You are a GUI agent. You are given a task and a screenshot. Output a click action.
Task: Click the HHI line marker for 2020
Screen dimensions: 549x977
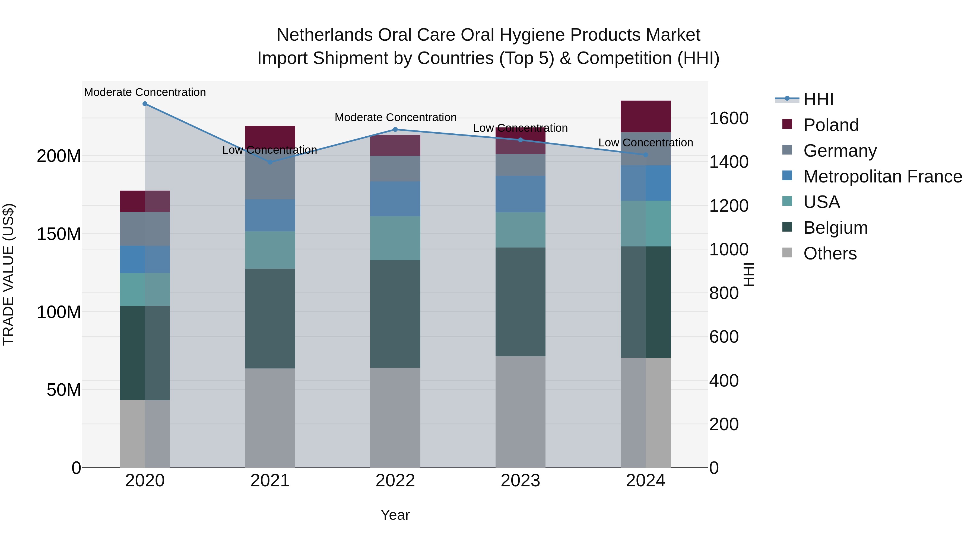[145, 104]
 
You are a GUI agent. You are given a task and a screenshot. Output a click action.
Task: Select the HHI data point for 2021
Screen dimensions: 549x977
[270, 162]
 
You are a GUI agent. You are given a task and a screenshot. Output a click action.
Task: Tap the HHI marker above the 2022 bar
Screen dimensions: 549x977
[395, 130]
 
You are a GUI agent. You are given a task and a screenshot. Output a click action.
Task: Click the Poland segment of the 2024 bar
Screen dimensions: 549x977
[646, 116]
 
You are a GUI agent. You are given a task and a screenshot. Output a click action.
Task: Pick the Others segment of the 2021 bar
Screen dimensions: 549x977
[270, 418]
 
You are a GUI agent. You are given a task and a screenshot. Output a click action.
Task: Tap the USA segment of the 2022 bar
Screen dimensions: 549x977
[395, 238]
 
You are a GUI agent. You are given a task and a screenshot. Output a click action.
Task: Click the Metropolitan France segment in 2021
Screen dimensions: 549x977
[270, 215]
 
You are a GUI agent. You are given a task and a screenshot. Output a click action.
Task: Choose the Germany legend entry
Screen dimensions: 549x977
[840, 151]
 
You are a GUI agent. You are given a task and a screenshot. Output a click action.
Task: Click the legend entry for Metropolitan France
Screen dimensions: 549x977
[882, 176]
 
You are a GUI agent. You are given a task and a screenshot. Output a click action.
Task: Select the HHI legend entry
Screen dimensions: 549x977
[818, 99]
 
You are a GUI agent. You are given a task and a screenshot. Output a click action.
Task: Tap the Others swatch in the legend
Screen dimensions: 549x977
[787, 253]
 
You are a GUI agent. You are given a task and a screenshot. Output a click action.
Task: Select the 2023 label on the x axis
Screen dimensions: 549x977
[520, 481]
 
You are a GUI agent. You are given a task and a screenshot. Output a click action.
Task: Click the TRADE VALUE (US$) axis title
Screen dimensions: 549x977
[8, 274]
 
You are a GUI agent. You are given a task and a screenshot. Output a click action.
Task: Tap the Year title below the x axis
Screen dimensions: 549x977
[395, 515]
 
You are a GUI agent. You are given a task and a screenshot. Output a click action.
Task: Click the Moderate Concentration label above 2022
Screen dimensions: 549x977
[395, 117]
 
